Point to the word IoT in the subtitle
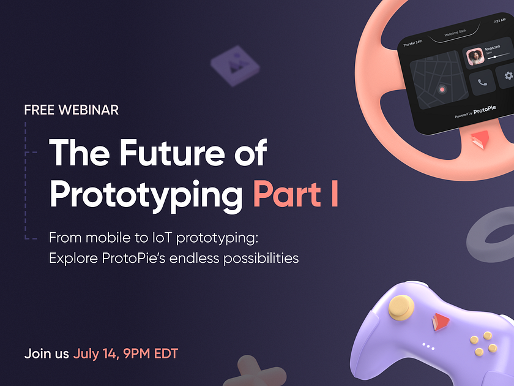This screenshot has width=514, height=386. (179, 237)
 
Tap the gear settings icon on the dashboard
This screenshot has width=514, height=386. (508, 76)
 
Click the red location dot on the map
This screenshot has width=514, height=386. (442, 89)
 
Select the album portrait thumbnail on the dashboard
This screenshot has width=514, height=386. (474, 58)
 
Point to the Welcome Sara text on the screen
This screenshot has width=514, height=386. (455, 34)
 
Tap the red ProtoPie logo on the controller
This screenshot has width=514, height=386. (438, 319)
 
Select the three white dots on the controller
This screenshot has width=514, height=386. (428, 347)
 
